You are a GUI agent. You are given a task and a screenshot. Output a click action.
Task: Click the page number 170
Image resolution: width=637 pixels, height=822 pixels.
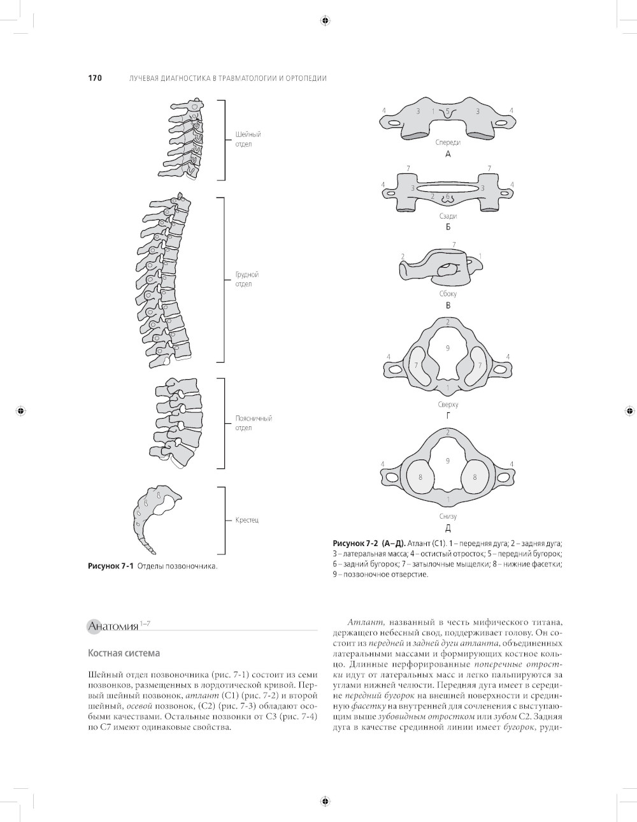(94, 78)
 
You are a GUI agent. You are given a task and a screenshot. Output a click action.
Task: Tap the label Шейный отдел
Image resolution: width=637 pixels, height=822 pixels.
(248, 139)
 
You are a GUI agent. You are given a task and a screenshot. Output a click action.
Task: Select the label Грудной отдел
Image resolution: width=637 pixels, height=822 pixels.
(247, 279)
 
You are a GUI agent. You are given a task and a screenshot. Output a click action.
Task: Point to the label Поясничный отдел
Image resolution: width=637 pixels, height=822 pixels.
(254, 423)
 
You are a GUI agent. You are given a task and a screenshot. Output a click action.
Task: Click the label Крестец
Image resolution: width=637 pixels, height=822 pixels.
(247, 520)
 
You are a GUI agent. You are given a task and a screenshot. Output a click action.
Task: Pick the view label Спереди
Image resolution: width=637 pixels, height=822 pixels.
(448, 142)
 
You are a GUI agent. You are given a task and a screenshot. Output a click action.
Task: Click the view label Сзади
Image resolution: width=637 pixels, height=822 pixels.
(448, 216)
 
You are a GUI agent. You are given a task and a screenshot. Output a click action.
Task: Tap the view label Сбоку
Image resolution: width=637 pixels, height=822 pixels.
(448, 294)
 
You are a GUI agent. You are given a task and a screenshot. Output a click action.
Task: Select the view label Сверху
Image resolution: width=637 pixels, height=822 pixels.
(448, 405)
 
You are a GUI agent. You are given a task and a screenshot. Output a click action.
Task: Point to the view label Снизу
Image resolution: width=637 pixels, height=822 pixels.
(448, 516)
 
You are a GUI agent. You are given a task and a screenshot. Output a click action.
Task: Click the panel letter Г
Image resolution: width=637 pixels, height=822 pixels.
(448, 416)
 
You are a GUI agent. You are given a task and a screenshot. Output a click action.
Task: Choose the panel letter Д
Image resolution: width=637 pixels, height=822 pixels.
(448, 528)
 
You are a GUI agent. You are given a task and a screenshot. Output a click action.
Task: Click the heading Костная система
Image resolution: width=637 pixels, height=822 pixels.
(124, 653)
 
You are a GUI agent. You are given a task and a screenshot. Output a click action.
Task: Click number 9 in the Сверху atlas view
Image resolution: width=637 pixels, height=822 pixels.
(448, 348)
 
